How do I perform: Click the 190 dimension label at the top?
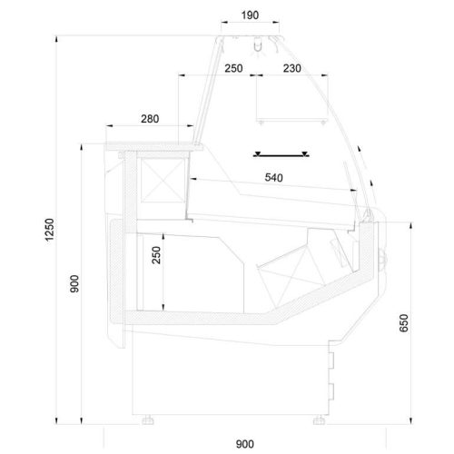click(250, 15)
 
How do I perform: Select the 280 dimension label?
click(150, 119)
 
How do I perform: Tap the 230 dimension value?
click(292, 68)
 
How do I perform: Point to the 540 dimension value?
click(274, 177)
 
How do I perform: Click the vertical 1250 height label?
click(49, 230)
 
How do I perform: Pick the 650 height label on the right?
click(404, 323)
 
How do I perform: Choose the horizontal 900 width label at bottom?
click(245, 444)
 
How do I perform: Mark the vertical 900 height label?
click(74, 283)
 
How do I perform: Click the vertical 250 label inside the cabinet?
click(156, 255)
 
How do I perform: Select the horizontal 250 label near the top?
click(233, 68)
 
